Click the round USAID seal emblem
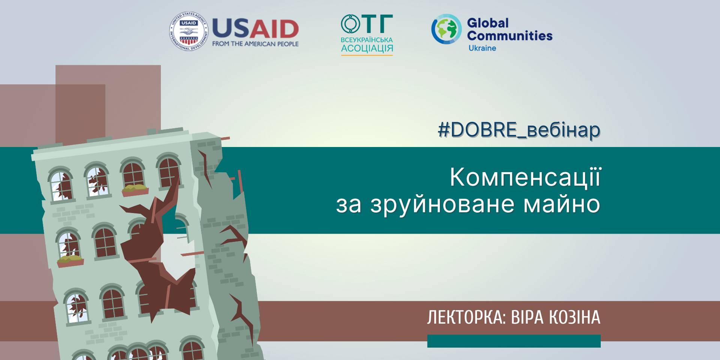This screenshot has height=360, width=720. point(189,31)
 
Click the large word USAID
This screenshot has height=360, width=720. point(255,29)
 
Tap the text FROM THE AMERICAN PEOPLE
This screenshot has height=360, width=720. point(255,44)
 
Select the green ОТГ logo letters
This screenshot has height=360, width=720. point(367,24)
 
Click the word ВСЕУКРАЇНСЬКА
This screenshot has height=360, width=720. point(367,40)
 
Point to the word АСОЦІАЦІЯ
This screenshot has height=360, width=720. point(367,48)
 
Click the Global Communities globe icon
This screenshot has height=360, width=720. point(446,29)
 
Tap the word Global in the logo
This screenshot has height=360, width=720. point(487,23)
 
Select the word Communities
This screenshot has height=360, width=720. point(510,36)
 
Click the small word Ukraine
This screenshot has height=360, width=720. point(482,48)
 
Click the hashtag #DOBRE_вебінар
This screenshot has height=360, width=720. point(519,130)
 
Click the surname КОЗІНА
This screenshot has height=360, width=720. point(574,317)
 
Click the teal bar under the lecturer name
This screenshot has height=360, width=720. point(514,341)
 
